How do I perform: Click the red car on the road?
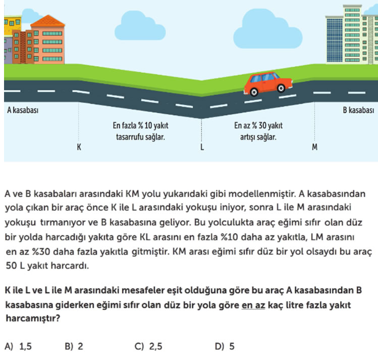(x=268, y=84)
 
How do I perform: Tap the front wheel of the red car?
(x=281, y=88)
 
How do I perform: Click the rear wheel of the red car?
(x=254, y=92)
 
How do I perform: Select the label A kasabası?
(x=23, y=110)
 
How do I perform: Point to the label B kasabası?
(x=358, y=110)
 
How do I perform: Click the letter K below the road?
(x=79, y=147)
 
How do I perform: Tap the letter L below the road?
(x=202, y=147)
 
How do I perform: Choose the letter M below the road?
(x=314, y=147)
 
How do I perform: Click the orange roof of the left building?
(x=48, y=21)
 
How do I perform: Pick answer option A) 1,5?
(x=18, y=346)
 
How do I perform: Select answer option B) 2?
(x=74, y=346)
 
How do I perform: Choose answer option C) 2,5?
(x=148, y=346)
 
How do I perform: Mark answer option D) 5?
(x=225, y=346)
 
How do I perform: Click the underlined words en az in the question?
(x=253, y=305)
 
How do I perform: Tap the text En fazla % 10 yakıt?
(x=140, y=125)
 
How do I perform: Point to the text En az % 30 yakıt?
(x=258, y=125)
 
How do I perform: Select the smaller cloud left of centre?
(x=140, y=27)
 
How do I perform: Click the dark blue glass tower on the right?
(x=335, y=40)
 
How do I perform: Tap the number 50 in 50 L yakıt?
(x=11, y=266)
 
